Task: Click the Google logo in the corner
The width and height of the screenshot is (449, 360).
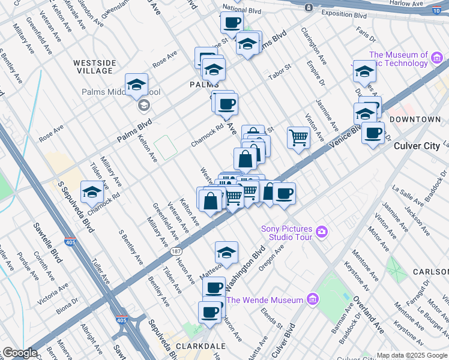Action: tap(19, 353)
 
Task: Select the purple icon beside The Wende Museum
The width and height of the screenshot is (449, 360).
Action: tap(312, 299)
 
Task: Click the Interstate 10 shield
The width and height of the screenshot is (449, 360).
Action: tap(436, 10)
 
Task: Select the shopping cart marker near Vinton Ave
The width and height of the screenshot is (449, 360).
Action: tap(298, 139)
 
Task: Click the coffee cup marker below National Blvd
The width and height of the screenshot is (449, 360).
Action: tap(232, 23)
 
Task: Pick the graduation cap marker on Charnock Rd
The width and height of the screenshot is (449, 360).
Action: tap(92, 192)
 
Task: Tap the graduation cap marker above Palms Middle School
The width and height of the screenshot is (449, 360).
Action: tap(136, 85)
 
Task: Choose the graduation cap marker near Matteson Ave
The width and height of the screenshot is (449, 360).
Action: tap(226, 252)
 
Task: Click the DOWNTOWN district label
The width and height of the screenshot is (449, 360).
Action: tap(415, 119)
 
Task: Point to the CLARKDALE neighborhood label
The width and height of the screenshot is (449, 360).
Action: tap(200, 346)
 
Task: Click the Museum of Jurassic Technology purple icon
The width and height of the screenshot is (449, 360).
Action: tap(437, 58)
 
